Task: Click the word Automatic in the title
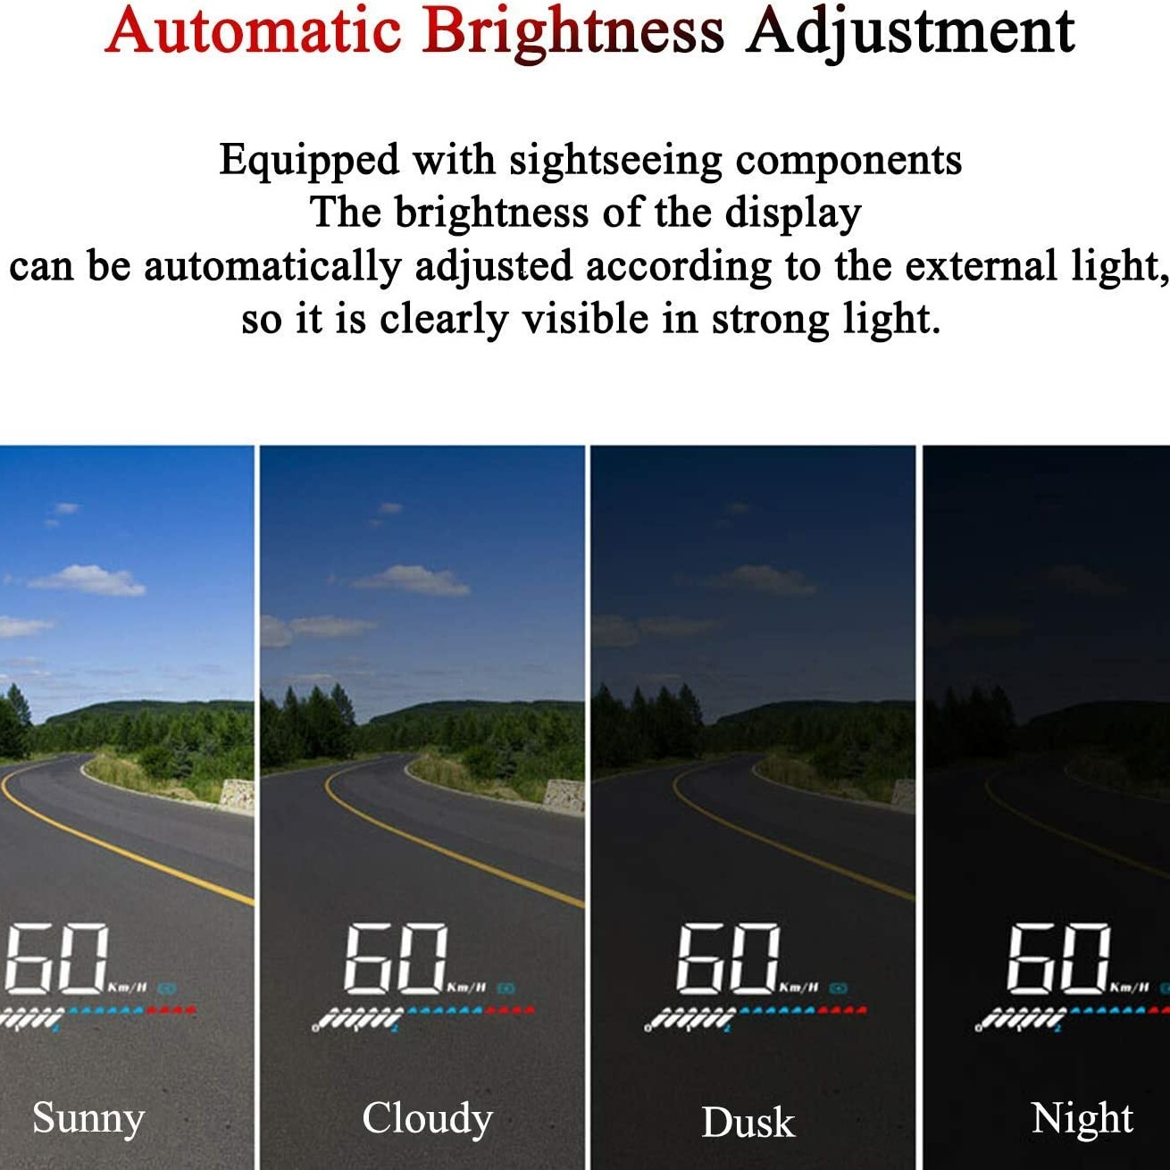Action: [x=253, y=30]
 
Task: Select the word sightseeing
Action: [x=615, y=163]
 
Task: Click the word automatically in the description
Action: [x=272, y=268]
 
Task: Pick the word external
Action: [x=981, y=266]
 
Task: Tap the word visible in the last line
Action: [x=585, y=319]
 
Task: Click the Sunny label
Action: [x=88, y=1118]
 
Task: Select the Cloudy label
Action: [x=428, y=1118]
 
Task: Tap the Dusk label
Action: [x=748, y=1122]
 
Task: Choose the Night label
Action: [x=1082, y=1117]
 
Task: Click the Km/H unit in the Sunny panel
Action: [x=128, y=987]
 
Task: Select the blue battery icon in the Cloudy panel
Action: [x=506, y=989]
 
